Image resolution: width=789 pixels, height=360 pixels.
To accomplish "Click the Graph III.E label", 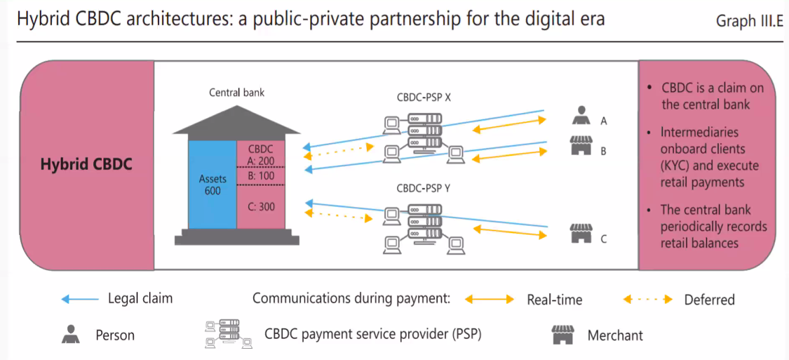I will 748,21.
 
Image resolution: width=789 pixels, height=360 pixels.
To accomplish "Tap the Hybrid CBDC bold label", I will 86,165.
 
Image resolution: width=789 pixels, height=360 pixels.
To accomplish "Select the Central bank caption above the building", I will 237,93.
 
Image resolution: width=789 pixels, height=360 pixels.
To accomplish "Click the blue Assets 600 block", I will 212,184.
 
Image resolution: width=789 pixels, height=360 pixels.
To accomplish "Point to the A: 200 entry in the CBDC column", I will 261,161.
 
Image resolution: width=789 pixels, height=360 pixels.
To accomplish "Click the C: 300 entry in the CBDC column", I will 261,206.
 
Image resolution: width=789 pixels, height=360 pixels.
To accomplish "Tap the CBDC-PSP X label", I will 424,98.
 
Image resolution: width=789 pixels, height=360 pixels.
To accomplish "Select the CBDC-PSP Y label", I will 424,187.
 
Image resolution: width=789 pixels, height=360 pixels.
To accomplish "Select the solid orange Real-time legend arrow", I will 489,300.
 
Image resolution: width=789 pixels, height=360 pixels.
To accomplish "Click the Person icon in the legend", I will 69,335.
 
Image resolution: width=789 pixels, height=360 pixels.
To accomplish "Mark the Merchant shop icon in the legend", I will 562,334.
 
